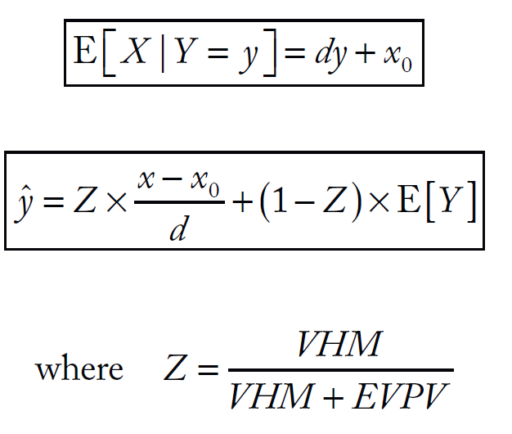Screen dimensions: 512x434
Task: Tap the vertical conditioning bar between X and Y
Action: pos(163,54)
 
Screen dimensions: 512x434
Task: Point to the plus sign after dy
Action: pos(366,55)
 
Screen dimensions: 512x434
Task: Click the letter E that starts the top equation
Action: pos(84,54)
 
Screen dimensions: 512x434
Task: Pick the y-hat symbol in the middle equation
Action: pos(32,201)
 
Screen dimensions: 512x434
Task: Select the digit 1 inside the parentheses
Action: pos(288,201)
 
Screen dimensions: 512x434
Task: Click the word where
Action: pos(79,369)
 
